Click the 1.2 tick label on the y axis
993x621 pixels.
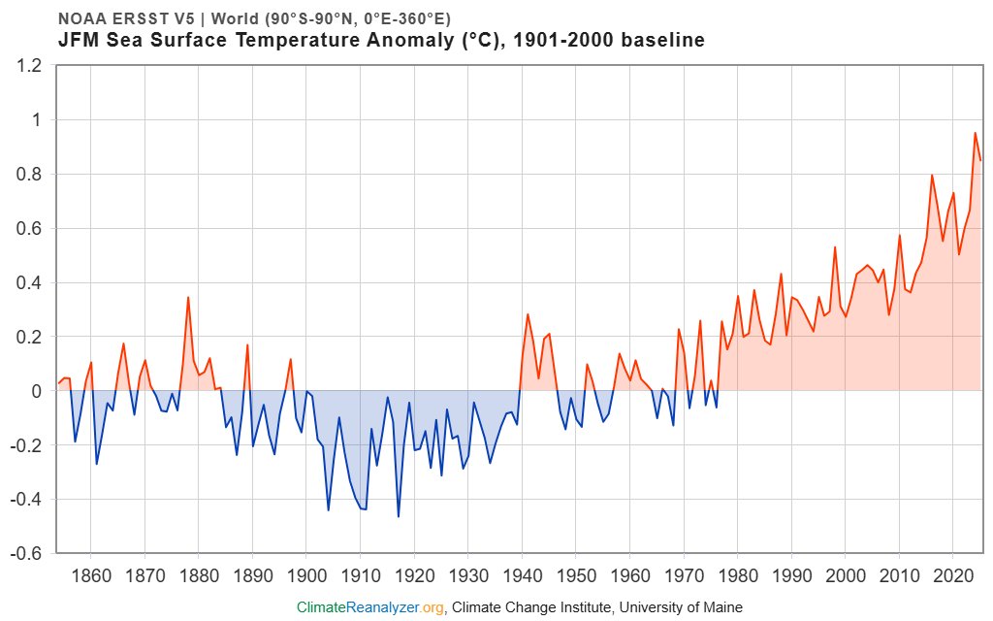(30, 66)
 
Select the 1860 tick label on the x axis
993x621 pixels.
(90, 573)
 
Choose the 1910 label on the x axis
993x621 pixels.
(360, 573)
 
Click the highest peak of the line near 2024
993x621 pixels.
(975, 133)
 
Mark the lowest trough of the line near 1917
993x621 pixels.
(398, 516)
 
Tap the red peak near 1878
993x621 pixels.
(188, 297)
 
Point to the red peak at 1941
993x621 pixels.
(528, 314)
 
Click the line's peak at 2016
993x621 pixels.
(932, 176)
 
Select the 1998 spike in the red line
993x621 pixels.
(835, 246)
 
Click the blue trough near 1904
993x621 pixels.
(328, 509)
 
